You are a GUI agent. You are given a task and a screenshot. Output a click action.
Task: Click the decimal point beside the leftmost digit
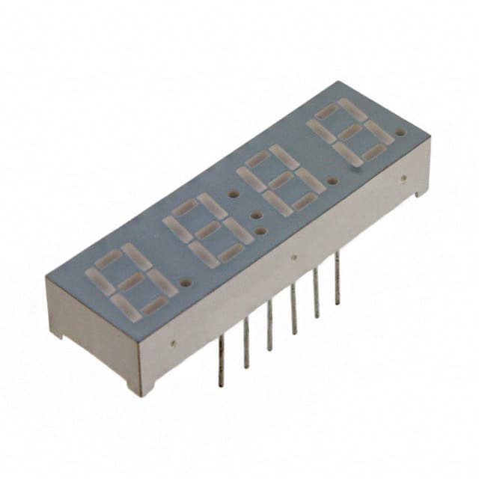[185, 284]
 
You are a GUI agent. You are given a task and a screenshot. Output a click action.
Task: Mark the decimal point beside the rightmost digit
[400, 133]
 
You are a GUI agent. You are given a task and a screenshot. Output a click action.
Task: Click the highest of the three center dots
[234, 194]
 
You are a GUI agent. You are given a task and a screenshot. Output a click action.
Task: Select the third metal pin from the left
[269, 325]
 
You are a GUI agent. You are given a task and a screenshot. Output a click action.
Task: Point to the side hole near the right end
[403, 178]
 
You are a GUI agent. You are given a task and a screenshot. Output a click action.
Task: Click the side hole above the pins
[293, 257]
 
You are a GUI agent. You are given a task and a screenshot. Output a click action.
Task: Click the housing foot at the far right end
[420, 194]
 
